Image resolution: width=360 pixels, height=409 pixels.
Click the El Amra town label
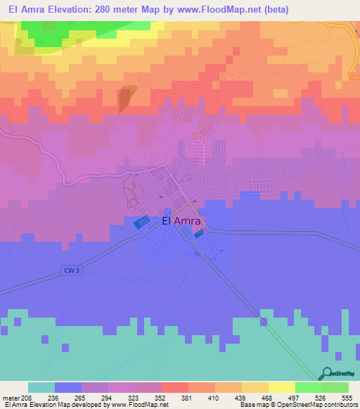[x=182, y=221]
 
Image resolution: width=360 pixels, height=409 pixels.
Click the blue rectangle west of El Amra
[x=141, y=222]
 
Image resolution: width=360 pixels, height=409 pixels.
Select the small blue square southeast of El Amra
[x=199, y=235]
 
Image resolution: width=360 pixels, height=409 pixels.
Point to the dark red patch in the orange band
[x=124, y=98]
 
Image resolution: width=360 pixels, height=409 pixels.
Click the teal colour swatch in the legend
[x=41, y=387]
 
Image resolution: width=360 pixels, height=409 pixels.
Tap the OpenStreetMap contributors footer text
[x=320, y=405]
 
